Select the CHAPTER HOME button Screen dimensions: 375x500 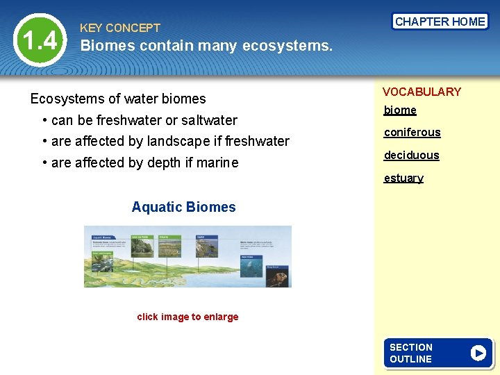[x=440, y=22]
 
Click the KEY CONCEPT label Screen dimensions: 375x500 [x=120, y=28]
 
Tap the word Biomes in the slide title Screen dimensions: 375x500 [x=107, y=47]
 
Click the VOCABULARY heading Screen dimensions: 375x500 [x=422, y=92]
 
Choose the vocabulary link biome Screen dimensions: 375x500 [x=400, y=110]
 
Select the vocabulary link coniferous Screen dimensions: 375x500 [x=412, y=132]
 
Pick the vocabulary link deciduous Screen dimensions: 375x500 [x=412, y=155]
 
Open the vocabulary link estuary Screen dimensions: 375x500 [x=403, y=178]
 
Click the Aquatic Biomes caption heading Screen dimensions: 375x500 [x=183, y=207]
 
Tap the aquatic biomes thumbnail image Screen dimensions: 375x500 [x=187, y=256]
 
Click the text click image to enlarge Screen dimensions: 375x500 [x=187, y=317]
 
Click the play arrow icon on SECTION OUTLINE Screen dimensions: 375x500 [x=478, y=353]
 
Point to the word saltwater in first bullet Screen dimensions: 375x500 [x=209, y=120]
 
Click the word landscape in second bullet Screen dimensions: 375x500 [x=176, y=141]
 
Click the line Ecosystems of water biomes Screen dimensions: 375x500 [x=118, y=99]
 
